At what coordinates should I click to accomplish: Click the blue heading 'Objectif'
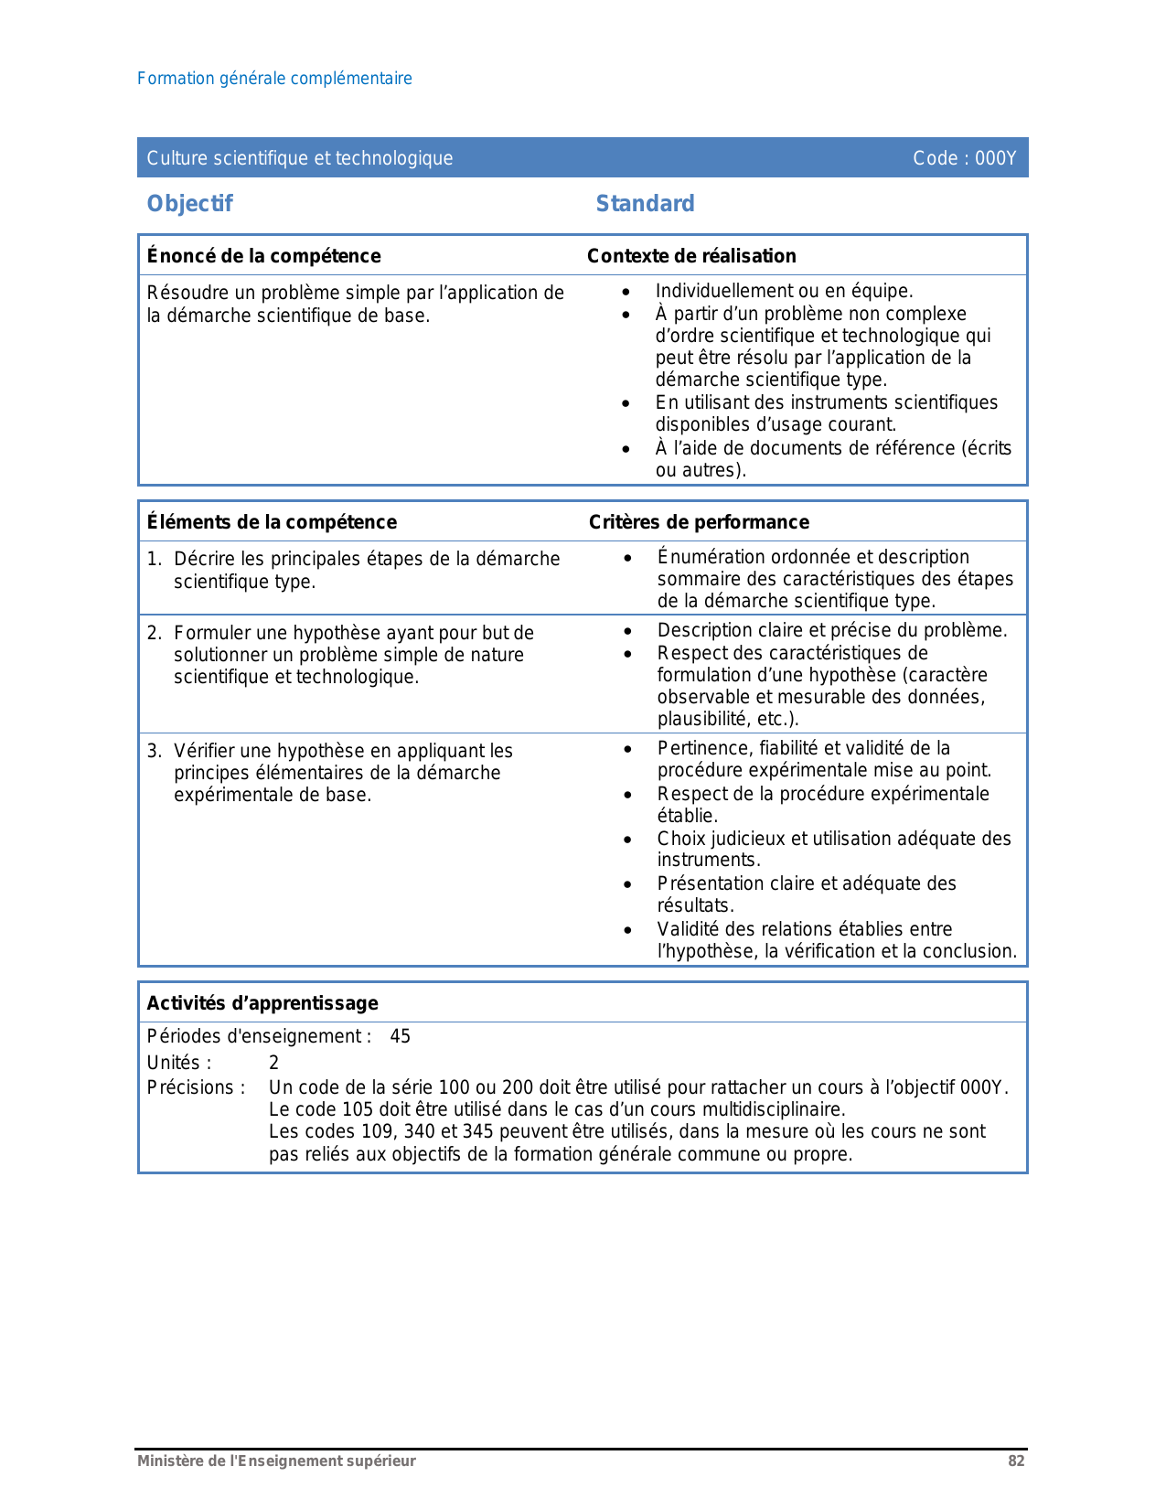click(189, 203)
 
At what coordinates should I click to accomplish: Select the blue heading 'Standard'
click(645, 203)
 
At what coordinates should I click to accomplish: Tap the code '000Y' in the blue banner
click(995, 158)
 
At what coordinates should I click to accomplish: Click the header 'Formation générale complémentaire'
click(274, 79)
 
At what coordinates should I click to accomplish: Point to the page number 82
click(1016, 1461)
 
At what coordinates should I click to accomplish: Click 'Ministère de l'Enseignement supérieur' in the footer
click(276, 1461)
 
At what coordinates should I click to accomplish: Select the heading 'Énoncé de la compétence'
click(263, 256)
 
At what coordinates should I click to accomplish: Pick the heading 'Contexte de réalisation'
click(691, 256)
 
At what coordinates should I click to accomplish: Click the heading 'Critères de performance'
click(699, 522)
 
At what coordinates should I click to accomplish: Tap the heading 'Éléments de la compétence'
click(272, 522)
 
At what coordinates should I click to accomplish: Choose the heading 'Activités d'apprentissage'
click(262, 1003)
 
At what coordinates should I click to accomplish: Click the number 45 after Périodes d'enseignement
click(400, 1036)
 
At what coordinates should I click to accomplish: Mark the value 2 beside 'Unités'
click(273, 1063)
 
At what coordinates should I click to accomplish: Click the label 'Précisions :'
click(196, 1087)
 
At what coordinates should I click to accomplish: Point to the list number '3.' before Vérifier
click(155, 751)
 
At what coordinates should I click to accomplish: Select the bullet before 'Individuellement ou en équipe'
click(626, 292)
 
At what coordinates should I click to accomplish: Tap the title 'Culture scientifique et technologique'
click(300, 158)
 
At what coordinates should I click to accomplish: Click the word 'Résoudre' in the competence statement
click(183, 293)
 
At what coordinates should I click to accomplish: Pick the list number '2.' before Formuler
click(155, 633)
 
